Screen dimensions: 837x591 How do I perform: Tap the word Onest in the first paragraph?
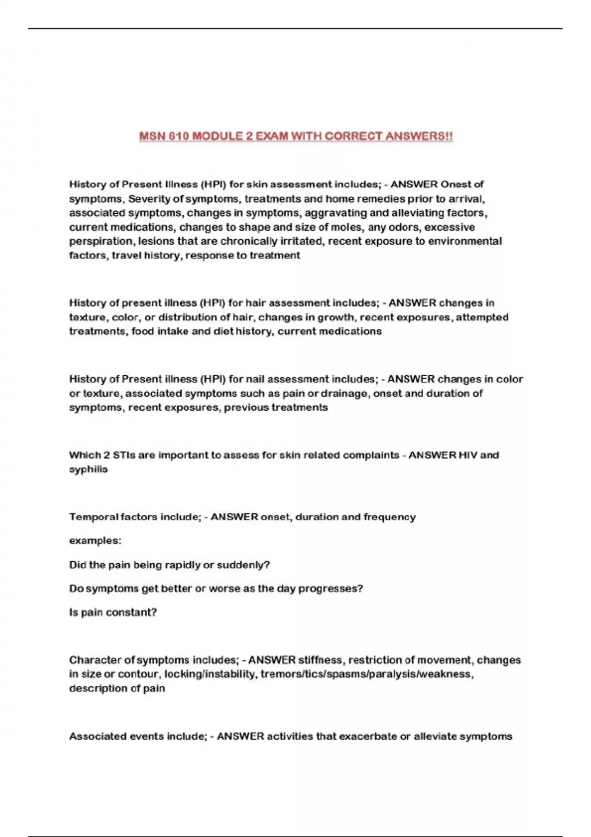pyautogui.click(x=456, y=184)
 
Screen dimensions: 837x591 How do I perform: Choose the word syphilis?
pyautogui.click(x=89, y=469)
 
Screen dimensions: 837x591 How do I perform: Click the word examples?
pyautogui.click(x=95, y=541)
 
